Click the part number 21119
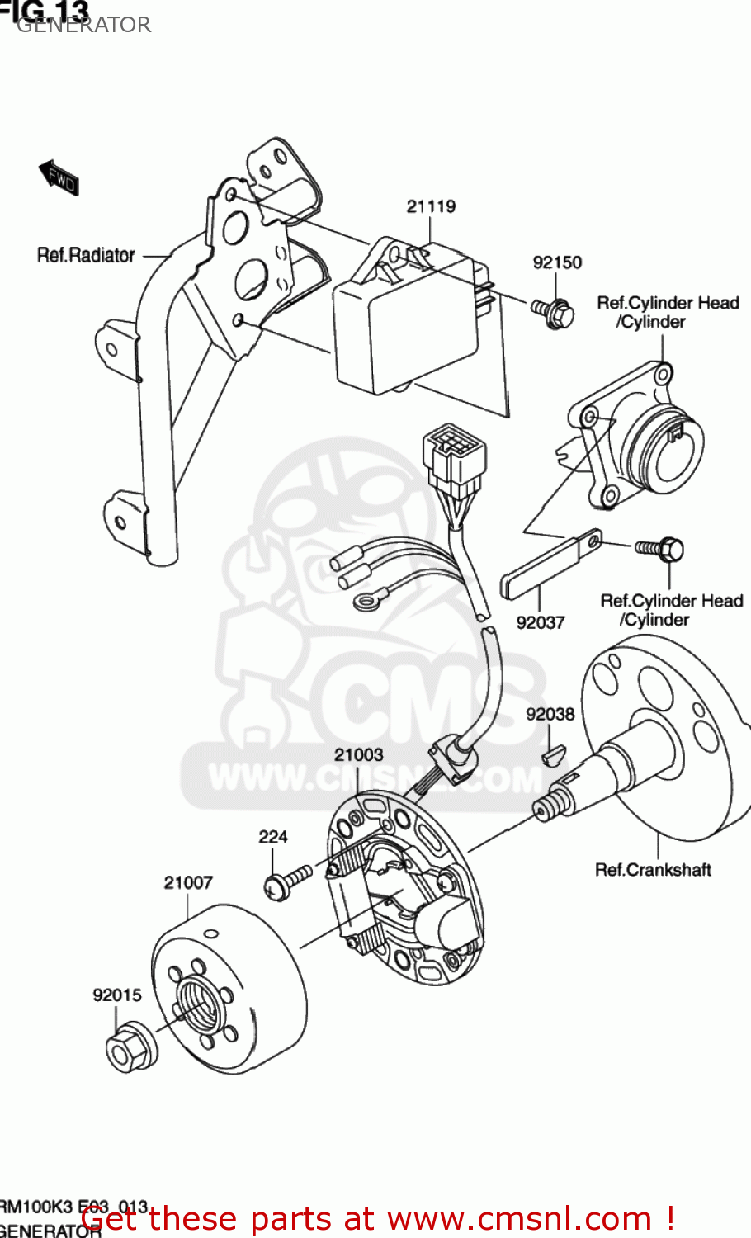pos(431,206)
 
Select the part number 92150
pos(557,262)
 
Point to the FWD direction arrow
pos(59,177)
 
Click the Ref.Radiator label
pos(86,255)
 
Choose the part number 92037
pos(541,622)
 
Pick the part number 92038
pos(550,714)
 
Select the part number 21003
pos(359,754)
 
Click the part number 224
pos(273,837)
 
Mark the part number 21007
pos(188,882)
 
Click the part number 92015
pos(117,995)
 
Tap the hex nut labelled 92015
pos(130,1048)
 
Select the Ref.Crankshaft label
pos(653,870)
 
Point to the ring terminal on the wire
pos(363,602)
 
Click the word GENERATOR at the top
pos(83,25)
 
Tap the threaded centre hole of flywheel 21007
pos(200,1000)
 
